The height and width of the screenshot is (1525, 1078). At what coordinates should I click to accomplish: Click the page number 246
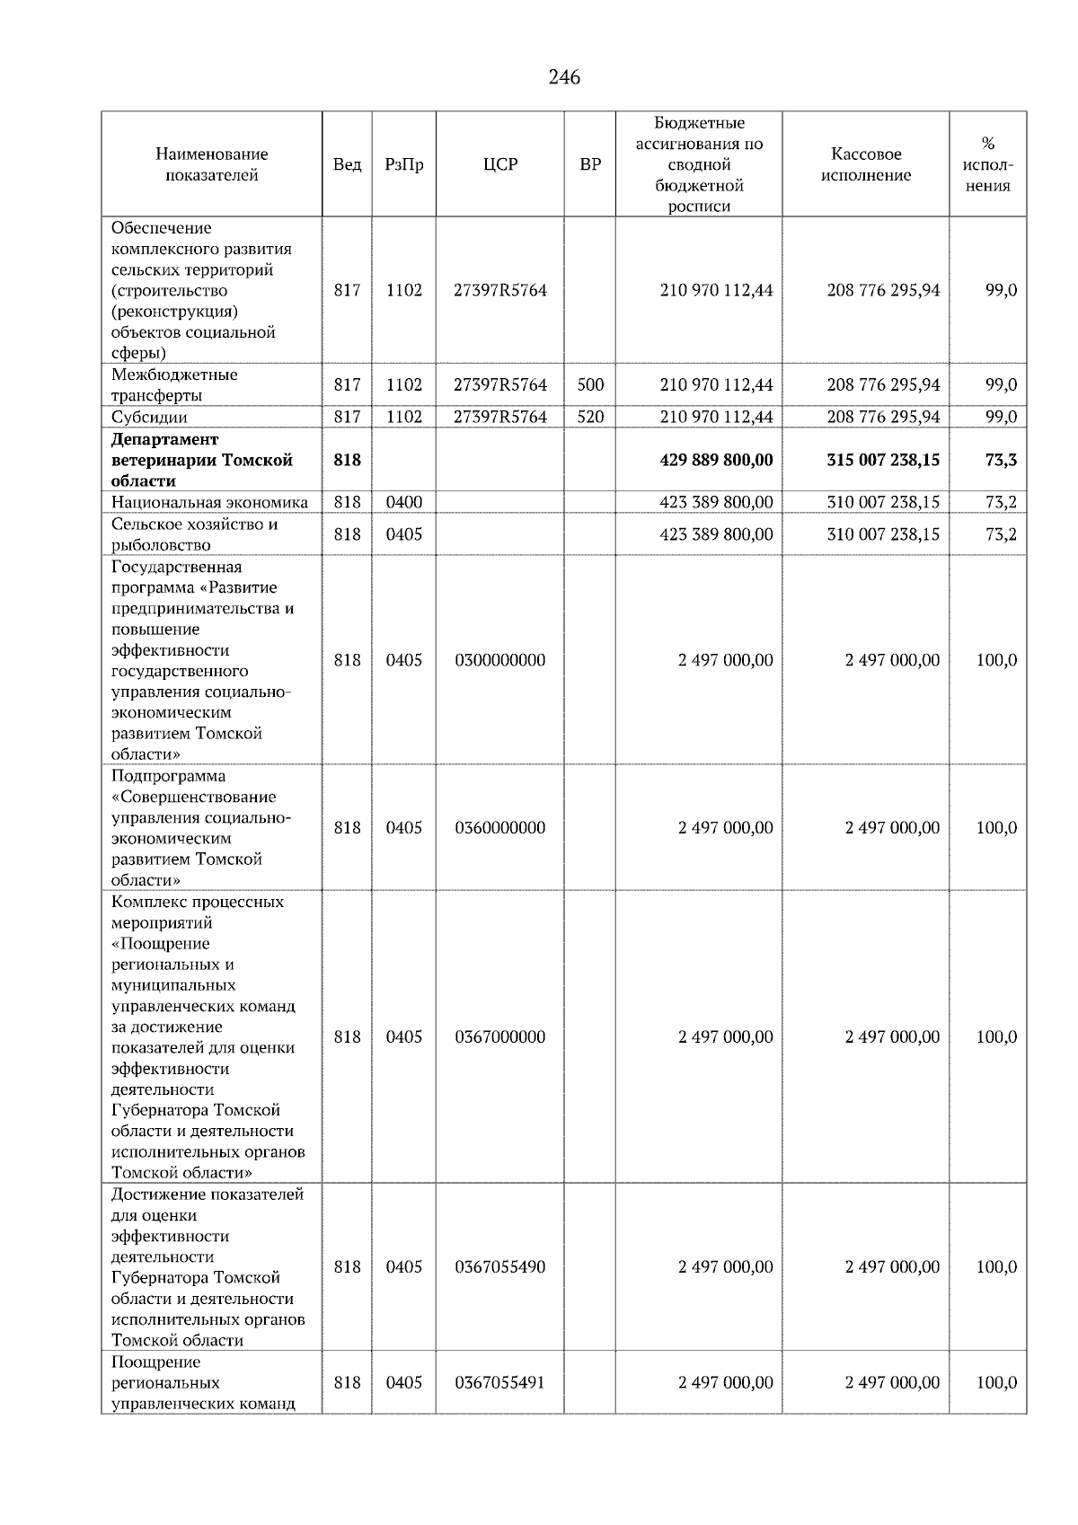pos(564,77)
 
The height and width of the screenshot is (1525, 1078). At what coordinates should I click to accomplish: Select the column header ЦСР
pos(500,164)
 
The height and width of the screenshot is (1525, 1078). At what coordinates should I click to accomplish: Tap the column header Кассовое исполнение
pos(865,164)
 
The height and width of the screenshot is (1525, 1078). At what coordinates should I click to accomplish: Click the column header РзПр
pos(403,164)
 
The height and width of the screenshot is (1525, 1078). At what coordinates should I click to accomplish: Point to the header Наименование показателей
pos(211,164)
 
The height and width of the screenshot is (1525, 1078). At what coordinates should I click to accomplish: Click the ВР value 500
pos(590,384)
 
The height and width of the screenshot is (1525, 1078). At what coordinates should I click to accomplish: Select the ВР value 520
pos(590,417)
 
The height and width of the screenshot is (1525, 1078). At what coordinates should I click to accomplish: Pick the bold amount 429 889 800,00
pos(716,460)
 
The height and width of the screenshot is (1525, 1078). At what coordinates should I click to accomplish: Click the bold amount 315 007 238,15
pos(883,460)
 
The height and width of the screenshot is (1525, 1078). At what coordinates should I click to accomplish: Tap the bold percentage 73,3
pos(1001,460)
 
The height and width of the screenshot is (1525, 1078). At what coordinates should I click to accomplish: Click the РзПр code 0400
pos(403,502)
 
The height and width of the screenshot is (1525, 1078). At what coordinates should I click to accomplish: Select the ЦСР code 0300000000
pos(500,660)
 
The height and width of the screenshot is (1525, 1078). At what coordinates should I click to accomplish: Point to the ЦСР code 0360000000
pos(500,827)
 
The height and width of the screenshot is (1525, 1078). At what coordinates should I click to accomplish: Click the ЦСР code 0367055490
pos(500,1267)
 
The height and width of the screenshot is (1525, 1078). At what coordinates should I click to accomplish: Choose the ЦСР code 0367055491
pos(500,1382)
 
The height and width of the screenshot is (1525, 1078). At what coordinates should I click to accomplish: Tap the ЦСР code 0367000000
pos(500,1036)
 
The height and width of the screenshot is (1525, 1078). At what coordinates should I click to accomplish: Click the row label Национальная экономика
pos(209,502)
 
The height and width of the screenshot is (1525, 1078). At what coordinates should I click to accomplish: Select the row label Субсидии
pos(149,417)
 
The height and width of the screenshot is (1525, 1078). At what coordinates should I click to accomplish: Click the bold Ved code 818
pos(347,460)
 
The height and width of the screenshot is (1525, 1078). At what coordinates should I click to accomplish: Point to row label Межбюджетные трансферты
pos(174,384)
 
